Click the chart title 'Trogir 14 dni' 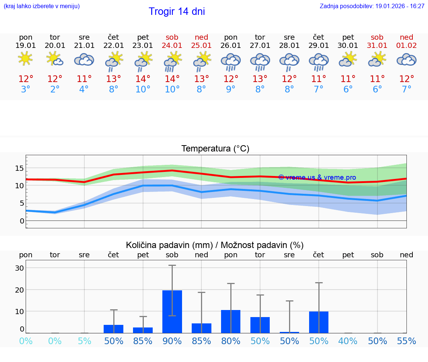click(177, 12)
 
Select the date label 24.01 click(172, 46)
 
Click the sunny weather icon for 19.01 click(25, 59)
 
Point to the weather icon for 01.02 click(406, 59)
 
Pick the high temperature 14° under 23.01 click(143, 79)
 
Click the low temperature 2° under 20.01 click(55, 89)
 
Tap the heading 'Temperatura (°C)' click(215, 149)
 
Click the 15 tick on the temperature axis click(19, 169)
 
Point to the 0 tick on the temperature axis click(22, 221)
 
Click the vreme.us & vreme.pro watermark click(317, 177)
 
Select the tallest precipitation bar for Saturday click(172, 312)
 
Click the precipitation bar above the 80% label click(231, 321)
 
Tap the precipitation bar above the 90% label click(172, 312)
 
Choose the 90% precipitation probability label click(172, 341)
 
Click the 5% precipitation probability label click(84, 341)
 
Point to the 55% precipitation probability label click(406, 341)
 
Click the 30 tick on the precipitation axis click(19, 268)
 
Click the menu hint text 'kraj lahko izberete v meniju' click(42, 6)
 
